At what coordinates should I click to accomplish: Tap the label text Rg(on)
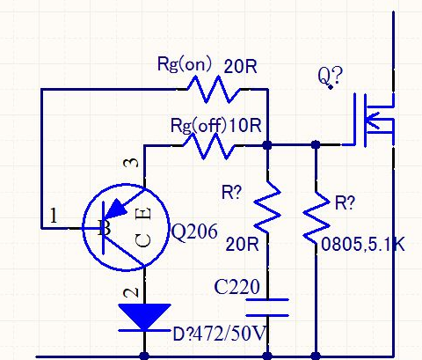183,64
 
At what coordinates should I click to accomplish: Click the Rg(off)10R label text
215,123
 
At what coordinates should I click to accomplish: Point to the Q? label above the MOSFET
328,78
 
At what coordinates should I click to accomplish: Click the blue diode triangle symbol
143,316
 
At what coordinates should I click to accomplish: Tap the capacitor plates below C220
266,308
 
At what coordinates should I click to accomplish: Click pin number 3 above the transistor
133,163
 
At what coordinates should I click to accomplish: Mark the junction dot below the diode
143,356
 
